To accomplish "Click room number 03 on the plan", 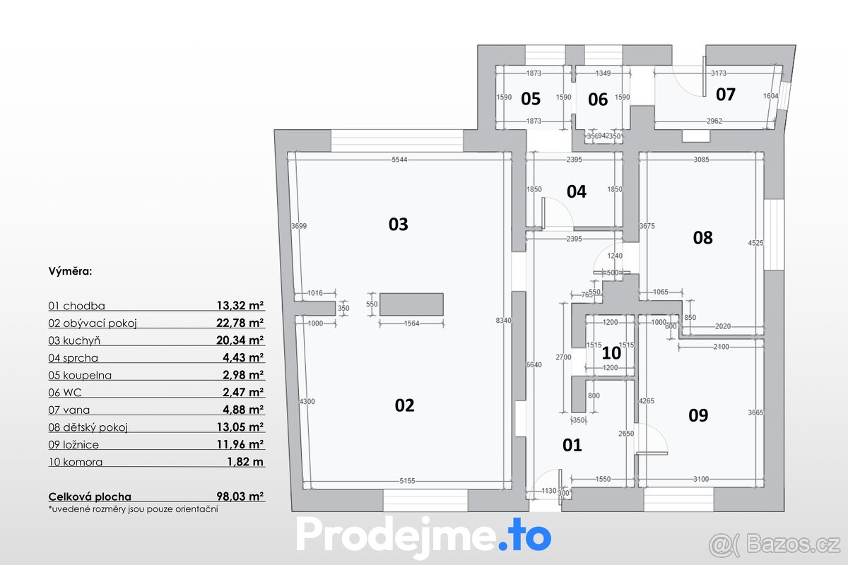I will click(x=399, y=225).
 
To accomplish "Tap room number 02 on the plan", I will click(x=404, y=405).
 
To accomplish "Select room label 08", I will click(x=702, y=237).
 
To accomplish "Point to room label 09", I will click(x=698, y=415).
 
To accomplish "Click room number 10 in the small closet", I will click(x=611, y=352).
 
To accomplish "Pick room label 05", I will click(x=531, y=98).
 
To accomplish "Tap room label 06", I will click(x=598, y=99).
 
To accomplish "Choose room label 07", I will click(x=726, y=94).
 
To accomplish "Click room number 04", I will click(x=577, y=191).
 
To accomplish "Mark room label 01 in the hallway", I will click(x=572, y=445).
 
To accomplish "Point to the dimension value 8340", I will click(x=504, y=321).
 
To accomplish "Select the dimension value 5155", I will click(x=407, y=482).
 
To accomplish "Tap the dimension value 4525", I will click(x=755, y=243).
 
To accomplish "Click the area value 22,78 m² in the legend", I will click(x=240, y=323).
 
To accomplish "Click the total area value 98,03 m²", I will click(x=240, y=497).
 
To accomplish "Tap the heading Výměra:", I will click(x=71, y=270).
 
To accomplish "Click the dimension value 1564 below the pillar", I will click(x=411, y=324).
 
